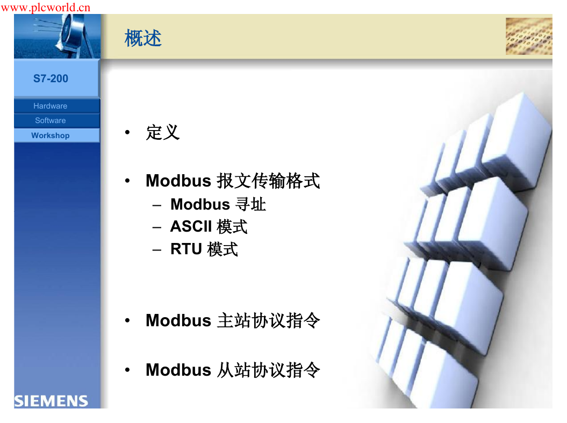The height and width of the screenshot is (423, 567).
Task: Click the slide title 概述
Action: tap(143, 38)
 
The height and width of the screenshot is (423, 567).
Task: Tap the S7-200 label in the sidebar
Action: tap(51, 78)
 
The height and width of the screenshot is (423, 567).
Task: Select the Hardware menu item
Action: tap(51, 106)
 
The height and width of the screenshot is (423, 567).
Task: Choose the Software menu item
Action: tap(51, 120)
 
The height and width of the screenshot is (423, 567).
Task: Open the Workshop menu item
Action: tap(51, 135)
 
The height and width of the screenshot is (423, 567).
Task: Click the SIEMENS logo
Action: tap(51, 401)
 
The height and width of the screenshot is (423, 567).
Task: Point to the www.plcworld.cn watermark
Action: tap(46, 7)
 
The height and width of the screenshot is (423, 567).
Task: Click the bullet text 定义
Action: tap(163, 132)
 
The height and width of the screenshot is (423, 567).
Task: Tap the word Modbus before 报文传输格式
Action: tap(178, 181)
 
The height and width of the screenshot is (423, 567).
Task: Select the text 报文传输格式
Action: tap(268, 181)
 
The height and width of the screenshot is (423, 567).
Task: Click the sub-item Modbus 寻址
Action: tap(218, 204)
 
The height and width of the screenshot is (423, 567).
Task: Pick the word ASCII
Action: tap(191, 227)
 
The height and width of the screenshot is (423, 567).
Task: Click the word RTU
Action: tap(186, 249)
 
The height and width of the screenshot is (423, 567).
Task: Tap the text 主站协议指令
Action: tap(269, 321)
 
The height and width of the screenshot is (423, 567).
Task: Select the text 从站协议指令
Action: tap(269, 370)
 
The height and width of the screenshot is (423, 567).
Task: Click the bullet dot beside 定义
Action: tap(127, 132)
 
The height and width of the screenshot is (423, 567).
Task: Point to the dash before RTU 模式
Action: tap(156, 250)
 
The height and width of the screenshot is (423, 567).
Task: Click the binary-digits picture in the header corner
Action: tap(529, 36)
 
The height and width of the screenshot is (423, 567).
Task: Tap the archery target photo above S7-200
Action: tap(57, 36)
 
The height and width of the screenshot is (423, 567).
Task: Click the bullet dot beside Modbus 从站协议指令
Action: tap(127, 370)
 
